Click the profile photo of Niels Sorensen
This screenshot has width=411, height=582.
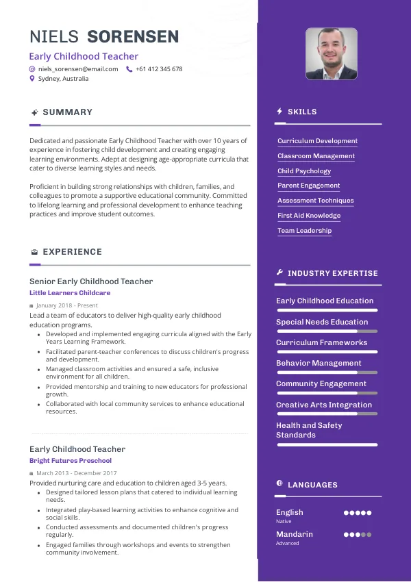click(x=331, y=53)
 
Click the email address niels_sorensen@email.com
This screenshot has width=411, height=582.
click(x=77, y=69)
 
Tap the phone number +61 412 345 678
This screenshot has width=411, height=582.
click(x=159, y=69)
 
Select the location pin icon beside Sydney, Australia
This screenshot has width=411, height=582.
click(x=32, y=79)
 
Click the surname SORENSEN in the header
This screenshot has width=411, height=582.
click(x=134, y=37)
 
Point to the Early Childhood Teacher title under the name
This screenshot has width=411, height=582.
click(x=84, y=57)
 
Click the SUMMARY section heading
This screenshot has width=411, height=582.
click(x=67, y=112)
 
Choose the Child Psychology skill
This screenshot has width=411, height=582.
click(x=304, y=171)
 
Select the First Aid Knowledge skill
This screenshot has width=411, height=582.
click(x=309, y=216)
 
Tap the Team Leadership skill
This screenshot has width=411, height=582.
click(x=304, y=231)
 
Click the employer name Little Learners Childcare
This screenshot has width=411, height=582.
click(x=70, y=293)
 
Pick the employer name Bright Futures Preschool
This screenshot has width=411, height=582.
click(x=71, y=461)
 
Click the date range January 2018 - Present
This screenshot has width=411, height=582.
click(x=66, y=305)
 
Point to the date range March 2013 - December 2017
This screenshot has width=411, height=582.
click(x=76, y=473)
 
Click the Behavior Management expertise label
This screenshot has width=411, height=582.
click(x=319, y=364)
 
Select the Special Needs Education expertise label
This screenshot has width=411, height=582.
click(x=322, y=322)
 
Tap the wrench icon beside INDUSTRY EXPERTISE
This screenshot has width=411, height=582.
click(x=279, y=273)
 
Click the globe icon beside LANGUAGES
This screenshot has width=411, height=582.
click(x=279, y=484)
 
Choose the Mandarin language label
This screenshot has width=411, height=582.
click(x=295, y=534)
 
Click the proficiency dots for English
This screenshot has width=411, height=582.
click(x=357, y=513)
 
